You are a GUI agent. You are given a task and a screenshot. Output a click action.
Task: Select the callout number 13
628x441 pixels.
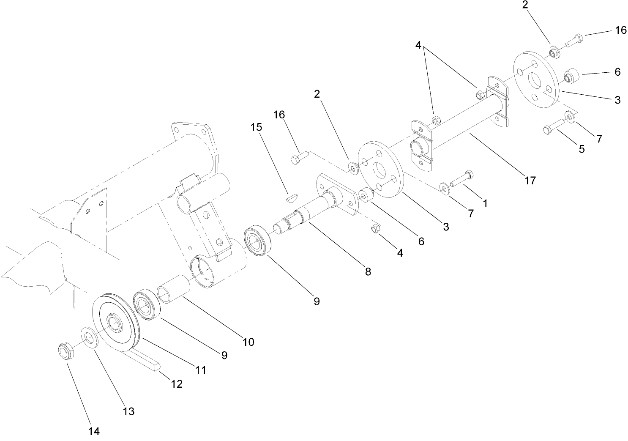pos(128,411)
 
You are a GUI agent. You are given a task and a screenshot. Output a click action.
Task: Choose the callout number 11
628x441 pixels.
pos(201,370)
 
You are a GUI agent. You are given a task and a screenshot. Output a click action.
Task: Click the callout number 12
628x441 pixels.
pos(177,384)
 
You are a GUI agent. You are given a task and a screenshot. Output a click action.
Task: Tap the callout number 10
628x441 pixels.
pos(248,342)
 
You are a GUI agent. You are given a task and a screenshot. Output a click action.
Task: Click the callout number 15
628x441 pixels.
pos(257,127)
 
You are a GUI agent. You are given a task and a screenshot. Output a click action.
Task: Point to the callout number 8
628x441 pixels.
pos(368,271)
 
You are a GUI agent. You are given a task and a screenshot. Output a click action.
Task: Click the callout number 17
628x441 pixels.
pos(530,181)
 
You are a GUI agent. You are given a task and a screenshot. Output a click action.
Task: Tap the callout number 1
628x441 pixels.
pos(485,203)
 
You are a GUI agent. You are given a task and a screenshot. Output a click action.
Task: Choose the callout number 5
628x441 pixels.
pos(582,149)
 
